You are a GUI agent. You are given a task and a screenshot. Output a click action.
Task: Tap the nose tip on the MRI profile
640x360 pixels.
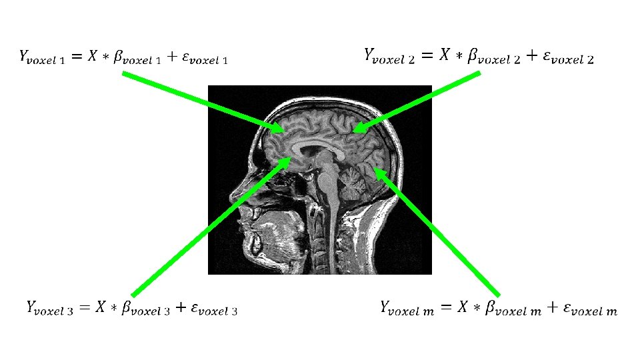point(232,197)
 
